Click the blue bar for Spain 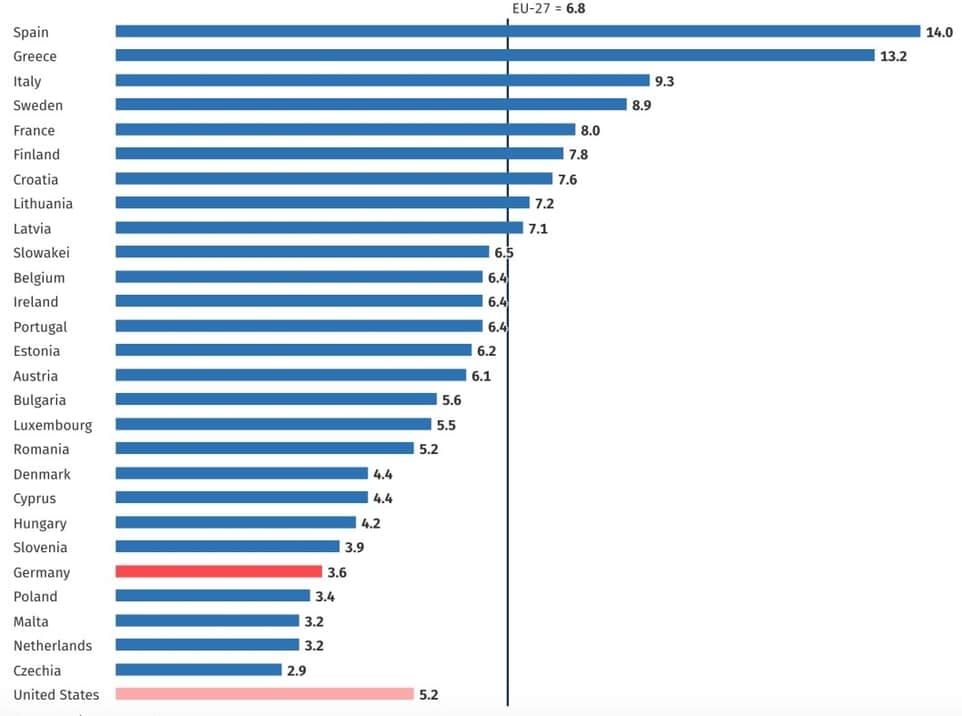[517, 32]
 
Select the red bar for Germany [218, 572]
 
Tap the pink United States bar [264, 694]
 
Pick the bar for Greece [495, 56]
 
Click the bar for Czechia [198, 670]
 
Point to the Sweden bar [371, 105]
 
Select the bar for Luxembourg [273, 424]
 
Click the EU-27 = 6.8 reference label [549, 7]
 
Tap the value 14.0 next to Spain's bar [939, 33]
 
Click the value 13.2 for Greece [893, 57]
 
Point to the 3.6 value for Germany [337, 573]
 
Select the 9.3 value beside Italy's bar [664, 81]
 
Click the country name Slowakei [41, 253]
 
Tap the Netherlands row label [52, 646]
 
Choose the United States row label [56, 695]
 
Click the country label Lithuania [43, 204]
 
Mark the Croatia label [36, 180]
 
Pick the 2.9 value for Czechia [296, 671]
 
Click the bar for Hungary [235, 522]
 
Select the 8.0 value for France [590, 130]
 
